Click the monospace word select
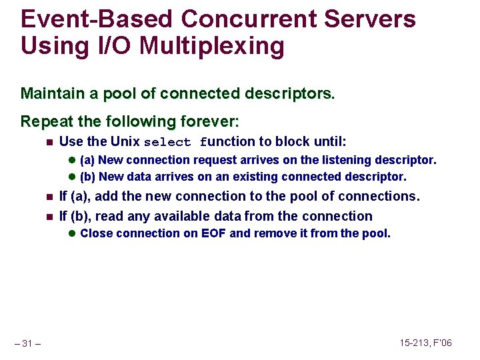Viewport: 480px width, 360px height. (x=167, y=142)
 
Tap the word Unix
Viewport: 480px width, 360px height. (x=125, y=141)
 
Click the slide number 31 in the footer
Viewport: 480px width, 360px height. (x=27, y=343)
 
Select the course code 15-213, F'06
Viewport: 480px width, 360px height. (x=425, y=343)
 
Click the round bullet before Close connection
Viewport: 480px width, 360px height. (x=73, y=233)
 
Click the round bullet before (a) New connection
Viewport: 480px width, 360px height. (x=73, y=160)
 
